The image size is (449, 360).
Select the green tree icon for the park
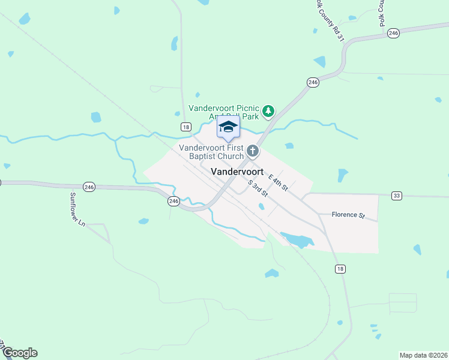pyautogui.click(x=268, y=110)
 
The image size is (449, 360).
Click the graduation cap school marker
pyautogui.click(x=228, y=127)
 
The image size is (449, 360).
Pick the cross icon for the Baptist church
pyautogui.click(x=253, y=151)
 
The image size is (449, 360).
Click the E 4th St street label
pyautogui.click(x=279, y=182)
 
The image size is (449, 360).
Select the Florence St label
pyautogui.click(x=348, y=214)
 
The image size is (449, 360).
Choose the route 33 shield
pyautogui.click(x=396, y=196)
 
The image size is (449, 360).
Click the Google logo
pyautogui.click(x=20, y=353)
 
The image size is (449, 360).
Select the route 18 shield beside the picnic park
pyautogui.click(x=186, y=127)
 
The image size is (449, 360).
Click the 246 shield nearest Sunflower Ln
pyautogui.click(x=89, y=187)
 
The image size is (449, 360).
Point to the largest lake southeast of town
pyautogui.click(x=298, y=240)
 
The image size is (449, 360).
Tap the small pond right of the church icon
pyautogui.click(x=289, y=146)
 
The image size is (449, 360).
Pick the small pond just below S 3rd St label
pyautogui.click(x=261, y=207)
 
